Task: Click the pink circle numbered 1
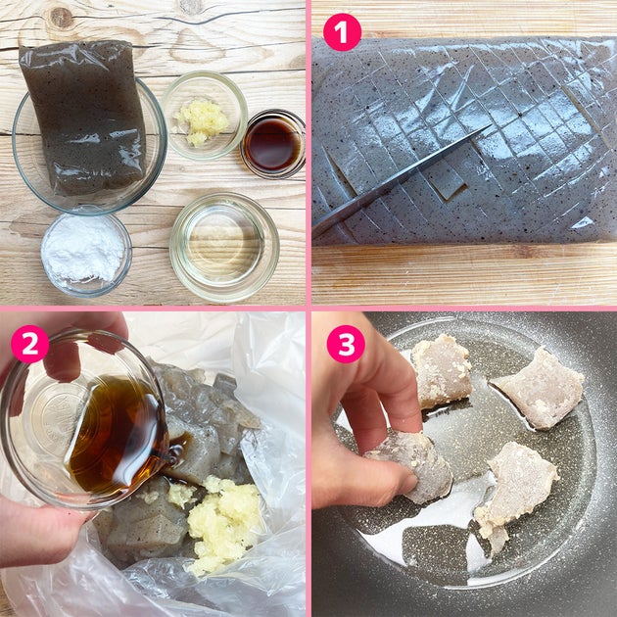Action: point(342,32)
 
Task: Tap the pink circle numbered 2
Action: point(30,344)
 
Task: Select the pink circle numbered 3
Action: point(346,344)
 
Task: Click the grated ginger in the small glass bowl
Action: point(203,121)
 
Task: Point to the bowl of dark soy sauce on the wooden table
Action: point(272,144)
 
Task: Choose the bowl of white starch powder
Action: point(86,254)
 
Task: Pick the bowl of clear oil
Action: point(224,247)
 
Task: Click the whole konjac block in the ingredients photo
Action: point(84,117)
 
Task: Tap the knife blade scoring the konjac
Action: point(398,182)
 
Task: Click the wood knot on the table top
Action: point(61,18)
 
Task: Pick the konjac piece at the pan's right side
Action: point(540,388)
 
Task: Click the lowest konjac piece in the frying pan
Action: point(515,492)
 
